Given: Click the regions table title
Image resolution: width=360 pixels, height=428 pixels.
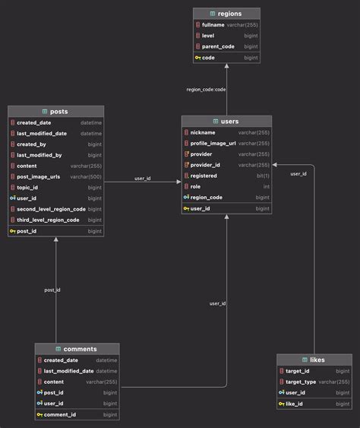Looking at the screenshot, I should (230, 14).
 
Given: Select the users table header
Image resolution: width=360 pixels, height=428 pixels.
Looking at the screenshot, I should (229, 121).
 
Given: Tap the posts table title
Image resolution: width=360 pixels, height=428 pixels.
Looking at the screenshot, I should (58, 112).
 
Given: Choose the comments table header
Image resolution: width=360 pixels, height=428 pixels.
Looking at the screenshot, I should (80, 349).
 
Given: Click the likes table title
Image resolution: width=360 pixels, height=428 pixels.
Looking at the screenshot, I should (317, 360).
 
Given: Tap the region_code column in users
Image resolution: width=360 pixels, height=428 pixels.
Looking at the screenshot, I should (206, 197).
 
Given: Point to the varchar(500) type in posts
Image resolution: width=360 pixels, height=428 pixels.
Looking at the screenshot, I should (85, 176).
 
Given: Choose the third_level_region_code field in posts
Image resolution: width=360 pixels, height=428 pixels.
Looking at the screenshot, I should (48, 220).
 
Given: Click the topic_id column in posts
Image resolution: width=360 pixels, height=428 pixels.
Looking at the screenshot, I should (28, 187).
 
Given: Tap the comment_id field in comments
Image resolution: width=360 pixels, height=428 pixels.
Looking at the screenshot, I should (60, 414).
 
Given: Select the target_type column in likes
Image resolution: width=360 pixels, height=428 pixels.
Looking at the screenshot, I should (302, 382).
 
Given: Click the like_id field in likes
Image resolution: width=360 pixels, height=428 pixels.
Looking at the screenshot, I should (296, 404).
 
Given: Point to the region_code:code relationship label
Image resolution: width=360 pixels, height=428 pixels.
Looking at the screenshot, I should (206, 89).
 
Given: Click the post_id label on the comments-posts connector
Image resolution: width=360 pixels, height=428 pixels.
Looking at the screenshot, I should (52, 290).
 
